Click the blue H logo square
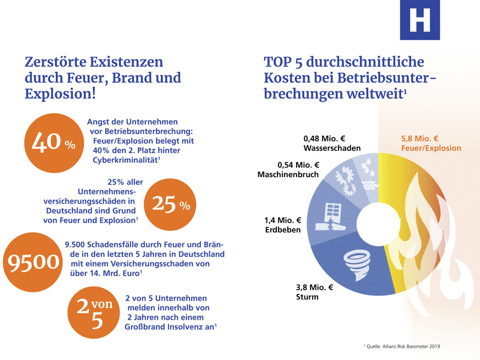coord(420,20)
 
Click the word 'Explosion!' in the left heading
coord(60,94)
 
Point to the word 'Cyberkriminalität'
coord(125,160)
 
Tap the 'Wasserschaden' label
coord(332,148)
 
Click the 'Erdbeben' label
coord(283,230)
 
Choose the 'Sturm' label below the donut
coord(307,297)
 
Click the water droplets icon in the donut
coord(366,167)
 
